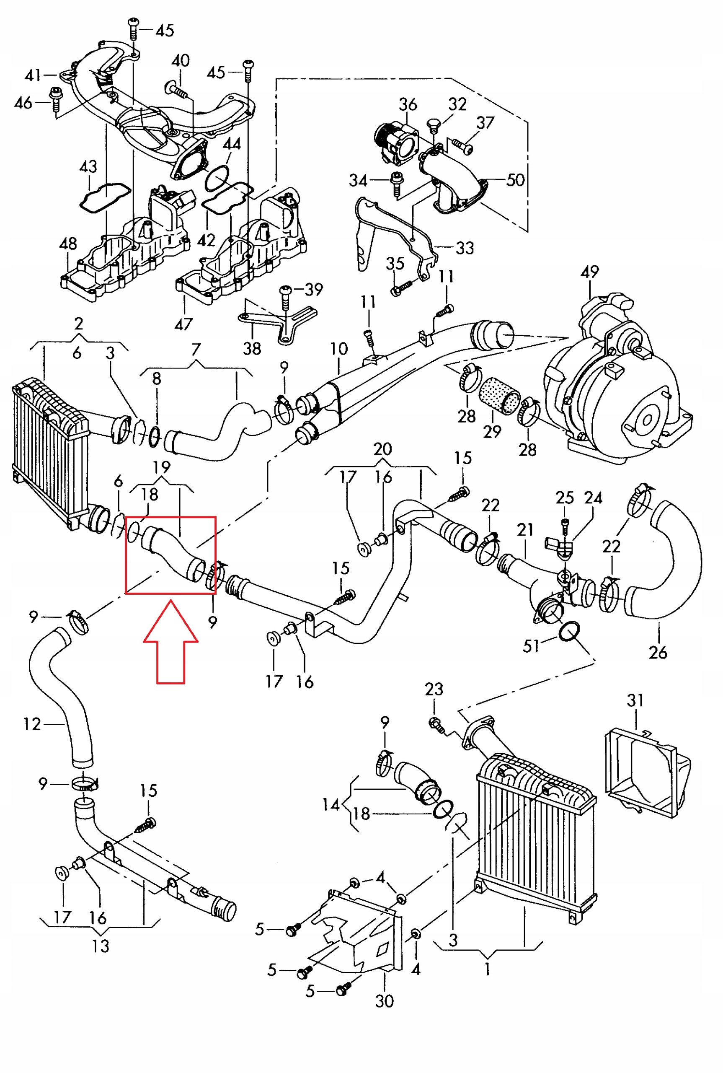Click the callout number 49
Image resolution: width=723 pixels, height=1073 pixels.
click(x=590, y=272)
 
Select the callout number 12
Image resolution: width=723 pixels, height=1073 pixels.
click(x=32, y=724)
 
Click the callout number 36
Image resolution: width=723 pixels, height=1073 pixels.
click(x=408, y=105)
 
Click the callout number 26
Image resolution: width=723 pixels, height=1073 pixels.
click(x=658, y=652)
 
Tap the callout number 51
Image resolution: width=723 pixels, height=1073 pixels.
click(x=531, y=646)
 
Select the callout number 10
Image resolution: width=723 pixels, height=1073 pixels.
click(x=339, y=349)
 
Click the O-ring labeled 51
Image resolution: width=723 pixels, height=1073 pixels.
click(x=569, y=631)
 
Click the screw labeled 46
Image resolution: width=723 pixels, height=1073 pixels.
click(x=56, y=98)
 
